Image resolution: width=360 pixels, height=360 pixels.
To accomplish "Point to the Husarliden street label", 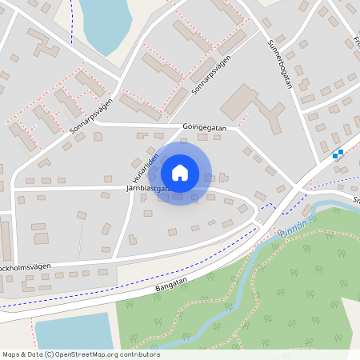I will pos(143,166).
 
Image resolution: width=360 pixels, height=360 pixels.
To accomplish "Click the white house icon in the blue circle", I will pos(180,172).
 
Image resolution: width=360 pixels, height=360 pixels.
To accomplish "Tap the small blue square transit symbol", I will pos(338,154).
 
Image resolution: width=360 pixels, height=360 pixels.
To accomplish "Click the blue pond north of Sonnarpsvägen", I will pos(104,24).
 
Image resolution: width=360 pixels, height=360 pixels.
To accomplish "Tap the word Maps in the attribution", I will pos(11,354).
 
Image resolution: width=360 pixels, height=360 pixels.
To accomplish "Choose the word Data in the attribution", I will pos(35,354).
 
